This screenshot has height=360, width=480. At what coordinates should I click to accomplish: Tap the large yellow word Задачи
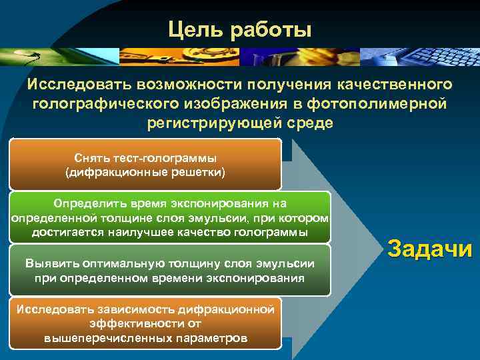tap(429, 249)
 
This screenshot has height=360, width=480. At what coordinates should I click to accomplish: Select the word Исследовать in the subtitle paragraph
tap(79, 85)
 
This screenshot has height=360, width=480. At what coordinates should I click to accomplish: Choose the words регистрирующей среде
tap(239, 124)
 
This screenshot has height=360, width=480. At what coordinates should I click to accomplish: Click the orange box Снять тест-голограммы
tap(145, 164)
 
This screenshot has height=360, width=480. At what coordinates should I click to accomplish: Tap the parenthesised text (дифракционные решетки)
tap(145, 173)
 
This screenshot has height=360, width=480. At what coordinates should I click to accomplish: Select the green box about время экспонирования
tap(169, 217)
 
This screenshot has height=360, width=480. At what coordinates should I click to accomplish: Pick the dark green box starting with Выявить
tap(169, 269)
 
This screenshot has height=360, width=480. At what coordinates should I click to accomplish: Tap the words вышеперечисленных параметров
tap(145, 338)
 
